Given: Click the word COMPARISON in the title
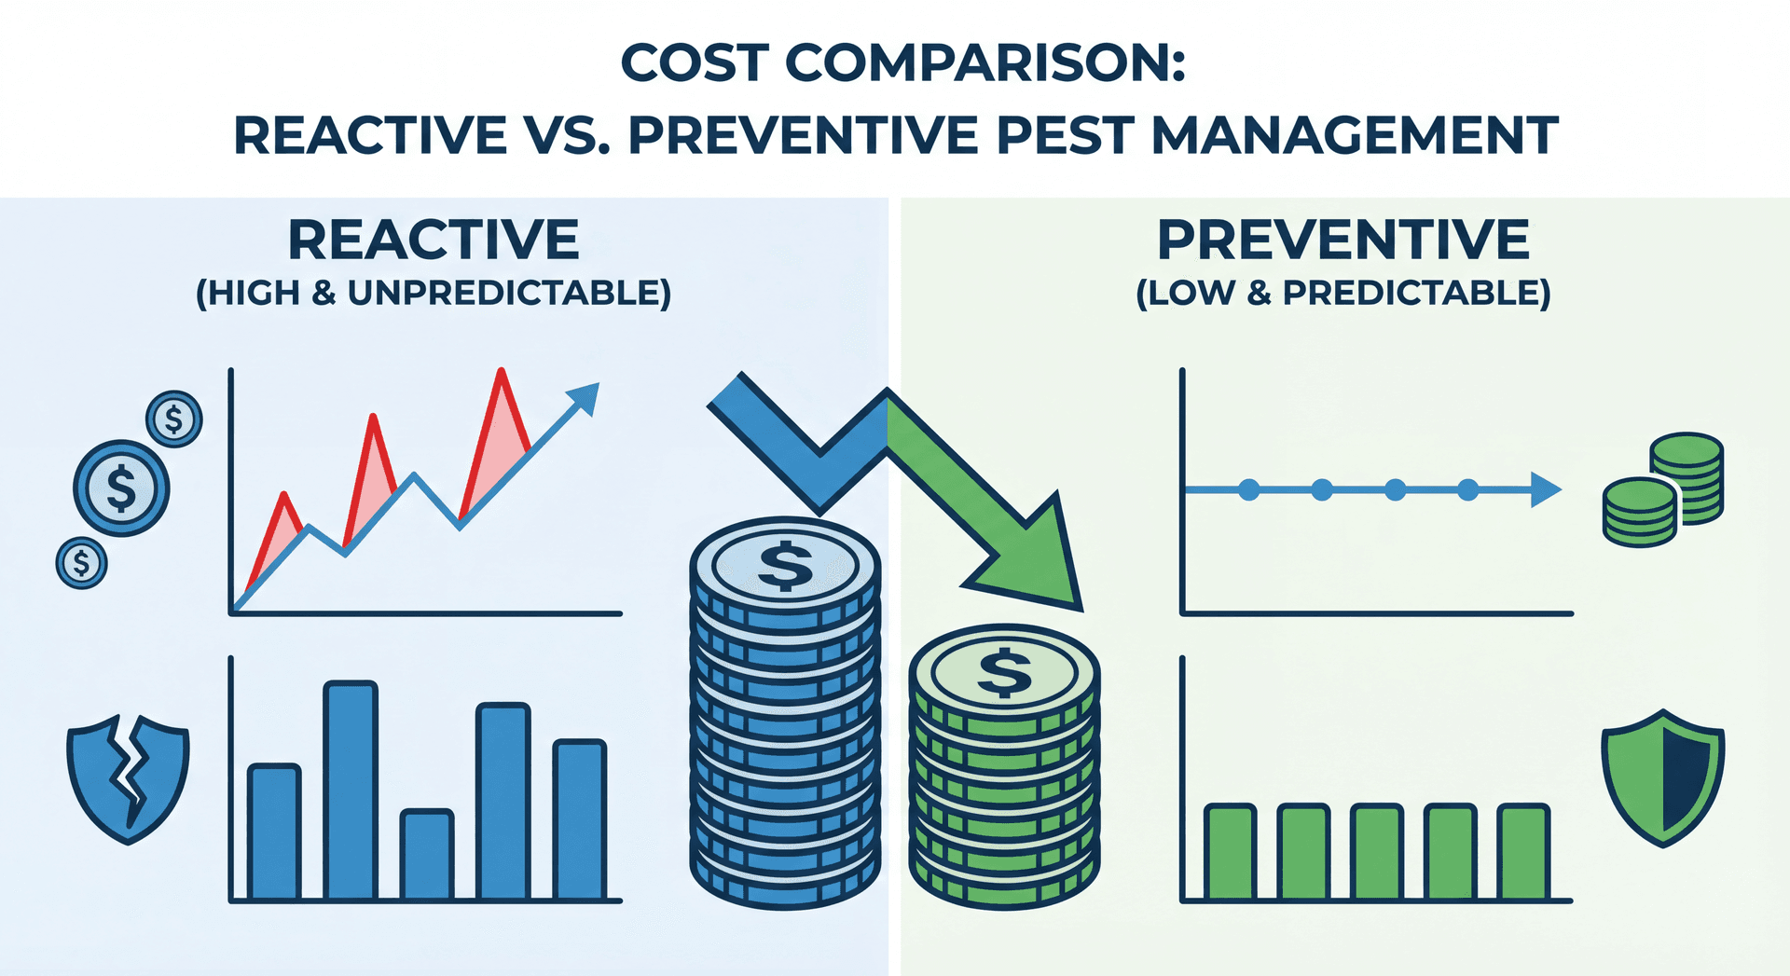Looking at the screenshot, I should (985, 63).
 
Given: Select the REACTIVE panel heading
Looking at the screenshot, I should (434, 241).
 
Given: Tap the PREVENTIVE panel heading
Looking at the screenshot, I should (1342, 241).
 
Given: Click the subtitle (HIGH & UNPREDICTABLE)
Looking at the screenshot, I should (434, 293).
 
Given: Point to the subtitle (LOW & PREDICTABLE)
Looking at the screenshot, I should (1342, 293).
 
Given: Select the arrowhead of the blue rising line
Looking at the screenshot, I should (585, 396).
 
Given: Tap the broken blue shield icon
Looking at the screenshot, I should (128, 777).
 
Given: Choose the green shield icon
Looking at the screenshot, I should (1662, 777).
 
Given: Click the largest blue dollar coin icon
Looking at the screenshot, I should (121, 488).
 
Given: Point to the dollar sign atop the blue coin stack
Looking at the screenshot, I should (785, 565).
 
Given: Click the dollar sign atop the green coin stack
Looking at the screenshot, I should (1004, 672).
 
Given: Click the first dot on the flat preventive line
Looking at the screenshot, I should (1249, 489).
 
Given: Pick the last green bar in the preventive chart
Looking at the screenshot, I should (1523, 852).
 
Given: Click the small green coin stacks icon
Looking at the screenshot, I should (1662, 489).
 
